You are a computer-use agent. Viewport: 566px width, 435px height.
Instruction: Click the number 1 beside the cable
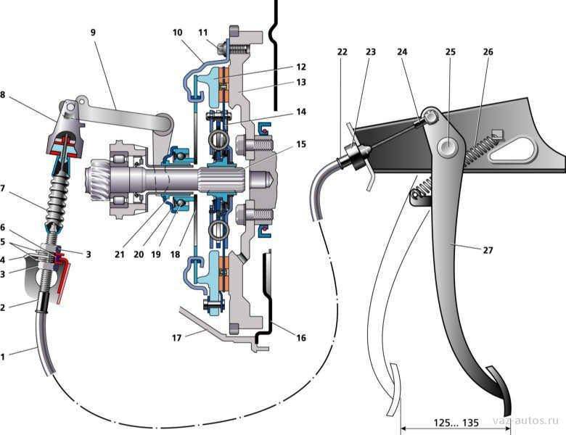click(x=4, y=356)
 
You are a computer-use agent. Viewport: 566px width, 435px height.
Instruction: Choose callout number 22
click(x=342, y=51)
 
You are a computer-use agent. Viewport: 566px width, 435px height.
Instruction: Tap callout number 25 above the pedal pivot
click(x=449, y=51)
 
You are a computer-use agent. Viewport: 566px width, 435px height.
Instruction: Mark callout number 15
click(x=300, y=144)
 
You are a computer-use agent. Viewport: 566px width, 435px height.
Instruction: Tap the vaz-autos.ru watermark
click(x=527, y=421)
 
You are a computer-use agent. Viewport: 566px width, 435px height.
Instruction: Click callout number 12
click(x=300, y=66)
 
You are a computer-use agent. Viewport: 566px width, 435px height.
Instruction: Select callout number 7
click(x=4, y=188)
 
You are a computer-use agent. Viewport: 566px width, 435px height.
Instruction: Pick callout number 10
click(x=178, y=33)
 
